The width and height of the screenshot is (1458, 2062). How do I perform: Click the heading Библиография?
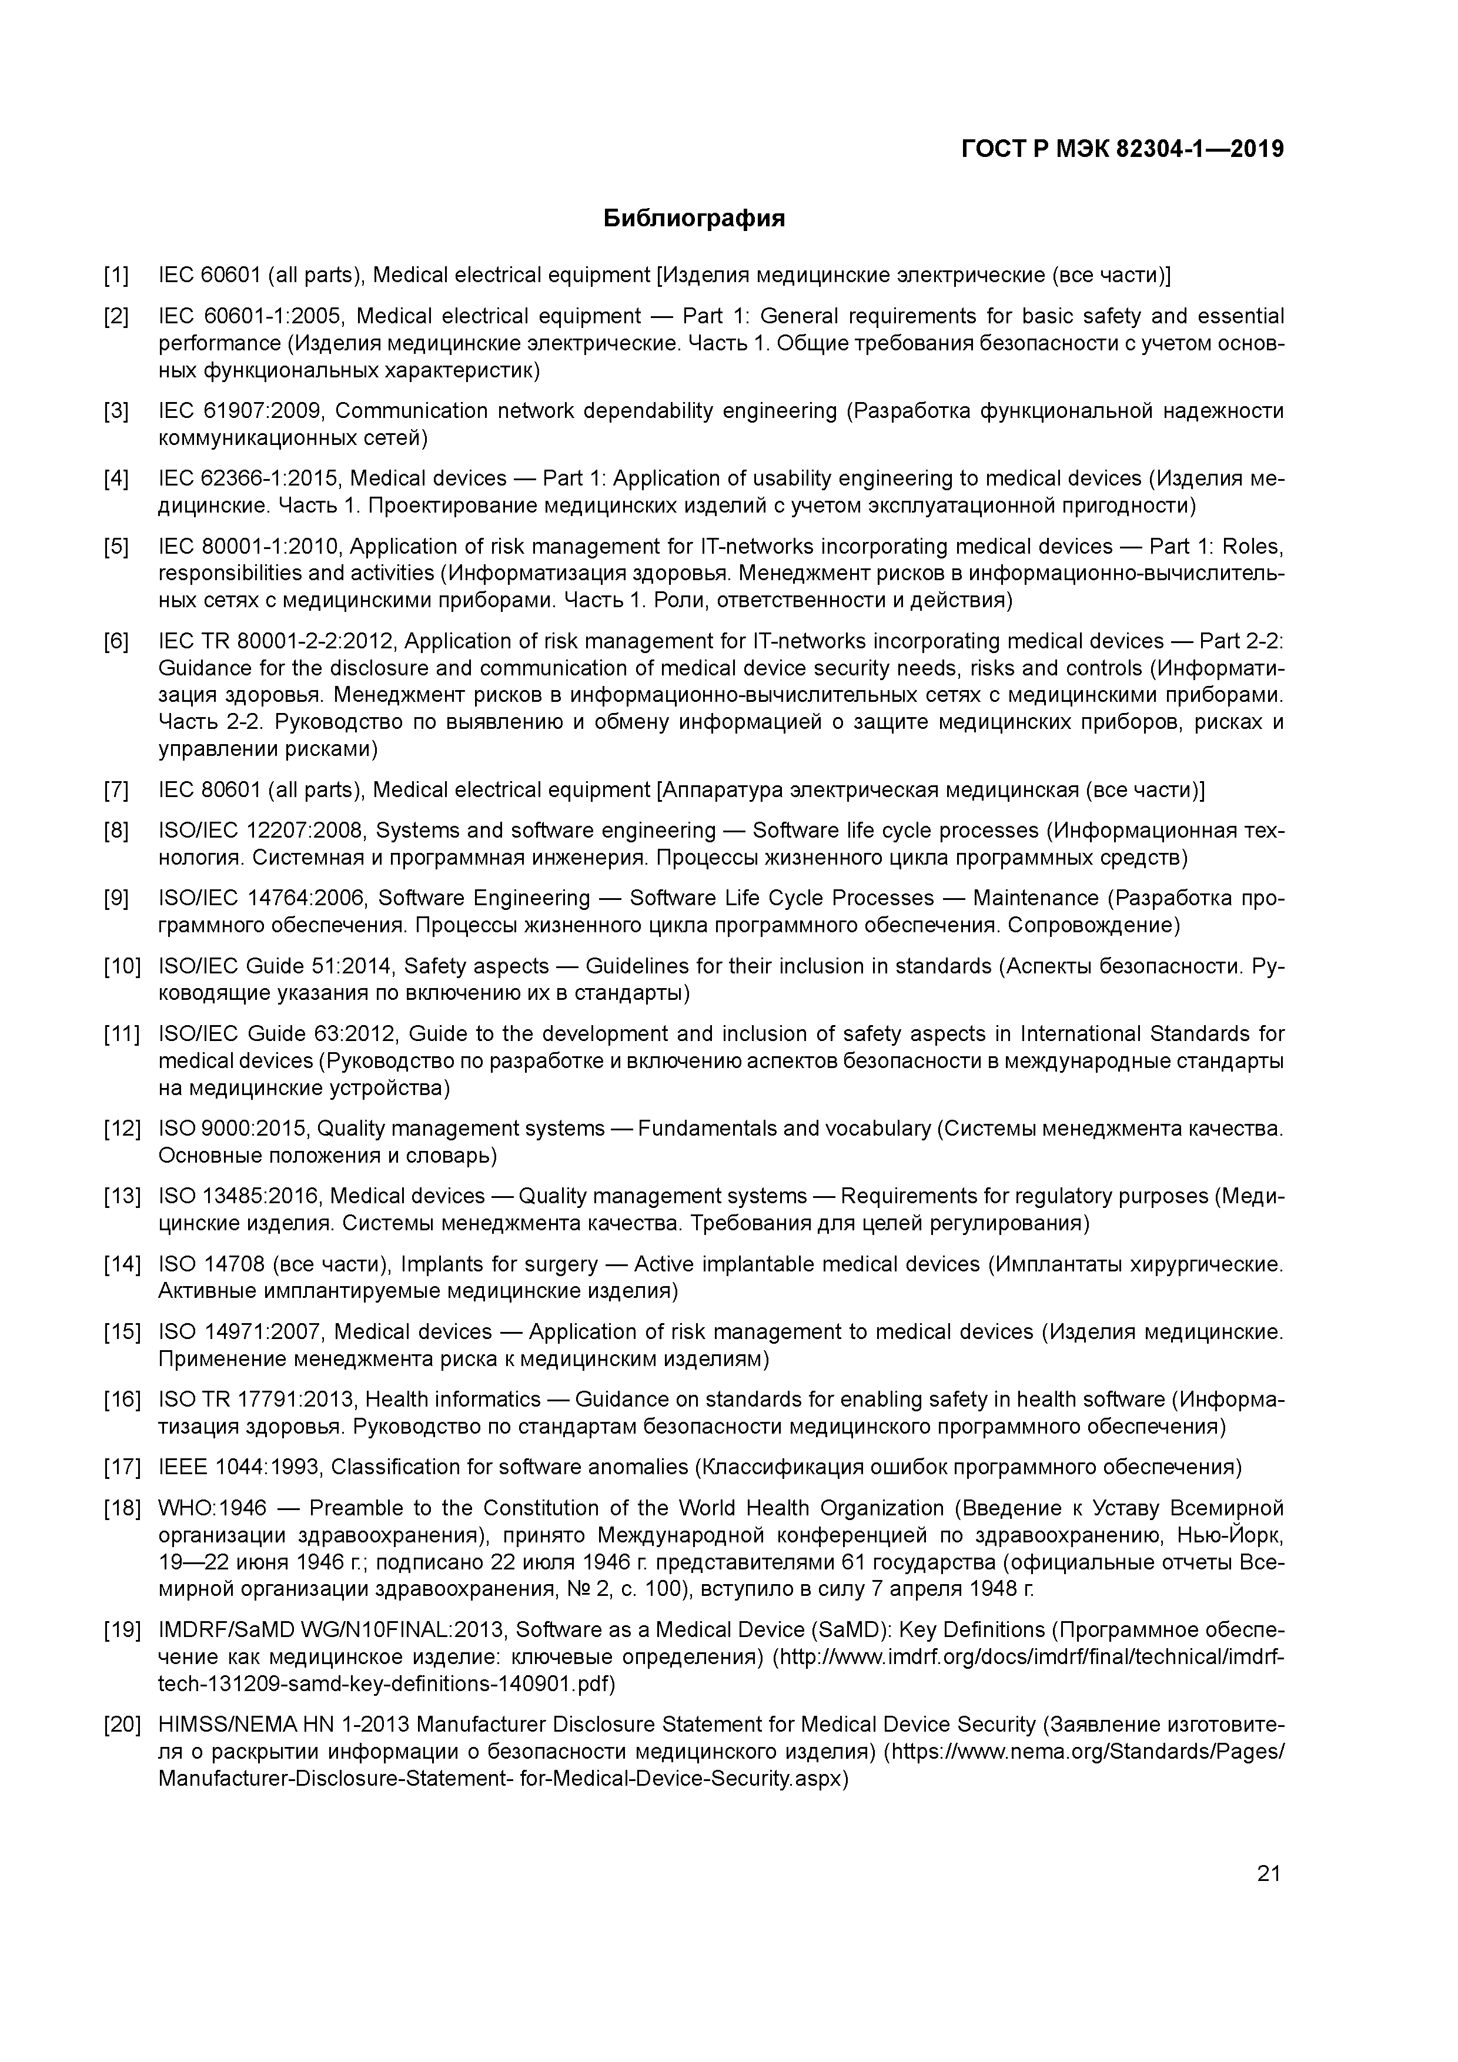point(694,218)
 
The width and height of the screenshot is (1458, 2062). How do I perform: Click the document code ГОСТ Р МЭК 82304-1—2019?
point(1122,149)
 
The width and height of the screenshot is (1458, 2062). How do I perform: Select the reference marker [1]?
point(116,275)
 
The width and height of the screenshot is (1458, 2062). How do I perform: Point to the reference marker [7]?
point(116,791)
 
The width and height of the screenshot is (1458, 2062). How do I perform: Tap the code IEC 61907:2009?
point(239,411)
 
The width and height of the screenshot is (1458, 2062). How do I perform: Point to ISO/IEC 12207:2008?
point(260,831)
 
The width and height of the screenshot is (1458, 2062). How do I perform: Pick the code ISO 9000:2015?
point(232,1128)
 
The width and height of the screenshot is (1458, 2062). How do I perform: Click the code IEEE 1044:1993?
point(238,1468)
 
